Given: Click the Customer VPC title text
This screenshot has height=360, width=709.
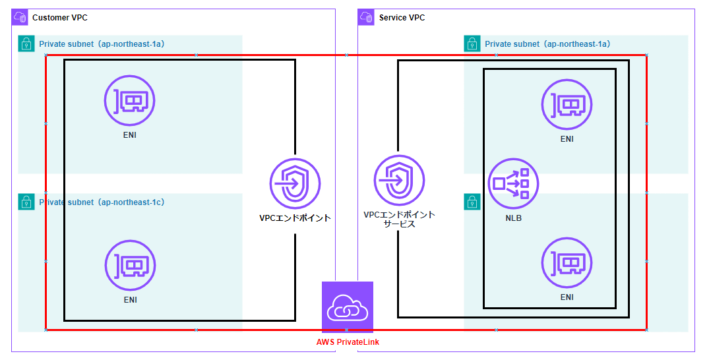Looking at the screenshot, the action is point(59,18).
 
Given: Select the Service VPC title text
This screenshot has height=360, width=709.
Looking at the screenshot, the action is point(402,18).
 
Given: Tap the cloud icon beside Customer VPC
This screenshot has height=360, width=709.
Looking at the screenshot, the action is point(20,17).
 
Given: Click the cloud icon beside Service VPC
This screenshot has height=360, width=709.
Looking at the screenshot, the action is point(366,17).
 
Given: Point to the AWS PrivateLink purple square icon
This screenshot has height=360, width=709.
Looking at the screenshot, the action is point(348,307).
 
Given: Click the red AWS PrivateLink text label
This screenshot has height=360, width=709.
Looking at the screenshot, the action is point(348,342).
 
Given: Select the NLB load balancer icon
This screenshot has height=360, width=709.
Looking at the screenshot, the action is point(513,183).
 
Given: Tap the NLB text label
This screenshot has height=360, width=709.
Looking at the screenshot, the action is point(513,218).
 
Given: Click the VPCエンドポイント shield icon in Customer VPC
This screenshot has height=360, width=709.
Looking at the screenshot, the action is point(295,183).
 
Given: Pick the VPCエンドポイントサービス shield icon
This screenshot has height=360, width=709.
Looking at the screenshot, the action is point(399,180).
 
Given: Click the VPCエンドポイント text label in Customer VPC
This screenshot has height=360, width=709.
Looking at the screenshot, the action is point(295,218).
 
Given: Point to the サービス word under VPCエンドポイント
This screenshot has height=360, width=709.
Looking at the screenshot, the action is point(399,224).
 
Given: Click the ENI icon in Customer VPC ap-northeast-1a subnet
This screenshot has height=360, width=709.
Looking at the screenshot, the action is point(130,100).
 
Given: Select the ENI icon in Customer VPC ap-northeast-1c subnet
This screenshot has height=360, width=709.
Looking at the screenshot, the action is point(130,266).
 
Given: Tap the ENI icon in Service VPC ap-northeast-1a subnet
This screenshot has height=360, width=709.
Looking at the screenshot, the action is point(567,104).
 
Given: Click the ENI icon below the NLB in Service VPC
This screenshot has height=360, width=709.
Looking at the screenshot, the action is point(567,263).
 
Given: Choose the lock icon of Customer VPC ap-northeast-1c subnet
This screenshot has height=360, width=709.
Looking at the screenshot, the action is point(26,202).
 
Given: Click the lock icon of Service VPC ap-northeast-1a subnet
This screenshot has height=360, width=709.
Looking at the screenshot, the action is point(472,44).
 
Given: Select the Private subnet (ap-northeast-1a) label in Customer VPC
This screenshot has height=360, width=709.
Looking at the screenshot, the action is point(102,44).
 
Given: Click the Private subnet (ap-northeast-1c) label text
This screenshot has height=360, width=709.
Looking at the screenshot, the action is point(102,202).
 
